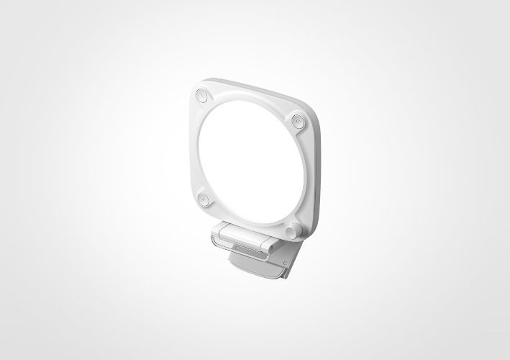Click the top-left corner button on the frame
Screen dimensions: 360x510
coord(202,95)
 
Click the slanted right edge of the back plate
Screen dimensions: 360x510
coord(295,259)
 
